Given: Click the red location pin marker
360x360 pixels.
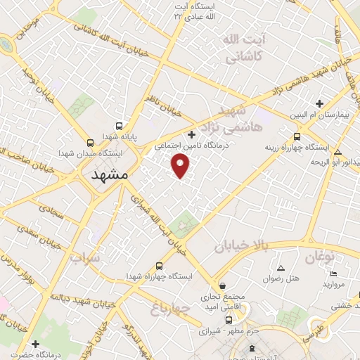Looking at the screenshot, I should click(181, 165).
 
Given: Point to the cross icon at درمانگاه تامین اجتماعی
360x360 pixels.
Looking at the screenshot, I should click(192, 134).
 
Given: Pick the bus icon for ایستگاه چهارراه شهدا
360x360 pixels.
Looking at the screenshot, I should click(160, 266).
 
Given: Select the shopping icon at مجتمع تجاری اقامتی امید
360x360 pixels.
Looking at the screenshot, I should click(223, 286).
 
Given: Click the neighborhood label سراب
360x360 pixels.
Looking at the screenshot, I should click(85, 258).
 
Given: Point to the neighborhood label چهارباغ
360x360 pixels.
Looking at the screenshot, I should click(171, 307).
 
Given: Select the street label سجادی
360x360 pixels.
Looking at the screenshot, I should click(51, 210).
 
